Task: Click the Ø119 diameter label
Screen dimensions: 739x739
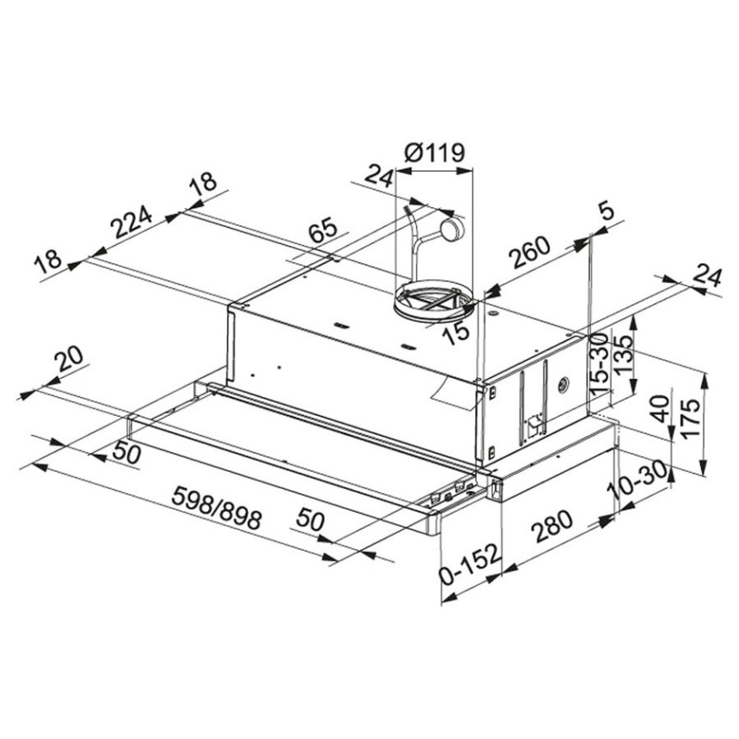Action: click(435, 153)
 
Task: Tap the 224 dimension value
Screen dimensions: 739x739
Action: click(132, 222)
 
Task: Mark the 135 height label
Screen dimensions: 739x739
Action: click(624, 355)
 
